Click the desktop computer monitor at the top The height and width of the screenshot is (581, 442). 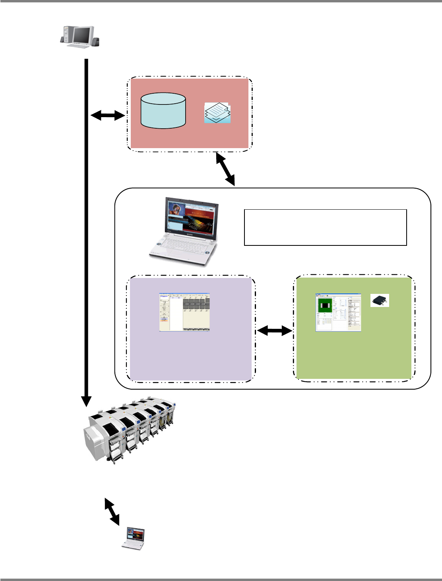point(82,36)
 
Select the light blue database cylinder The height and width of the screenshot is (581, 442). point(163,111)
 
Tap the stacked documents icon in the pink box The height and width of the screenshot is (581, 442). point(217,113)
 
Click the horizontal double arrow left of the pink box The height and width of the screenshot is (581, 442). point(108,116)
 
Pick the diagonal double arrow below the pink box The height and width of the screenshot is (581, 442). point(225,170)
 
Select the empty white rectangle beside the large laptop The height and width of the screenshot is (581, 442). point(325,227)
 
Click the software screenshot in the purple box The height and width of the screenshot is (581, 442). point(184,312)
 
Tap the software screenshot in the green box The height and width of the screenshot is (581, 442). point(338,313)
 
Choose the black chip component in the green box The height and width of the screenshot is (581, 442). point(380,300)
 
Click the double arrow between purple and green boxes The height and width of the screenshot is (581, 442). point(274,330)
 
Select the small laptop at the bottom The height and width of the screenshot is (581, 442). point(133,539)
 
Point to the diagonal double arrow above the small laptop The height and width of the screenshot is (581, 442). point(112,511)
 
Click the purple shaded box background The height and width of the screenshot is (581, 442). point(191,357)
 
